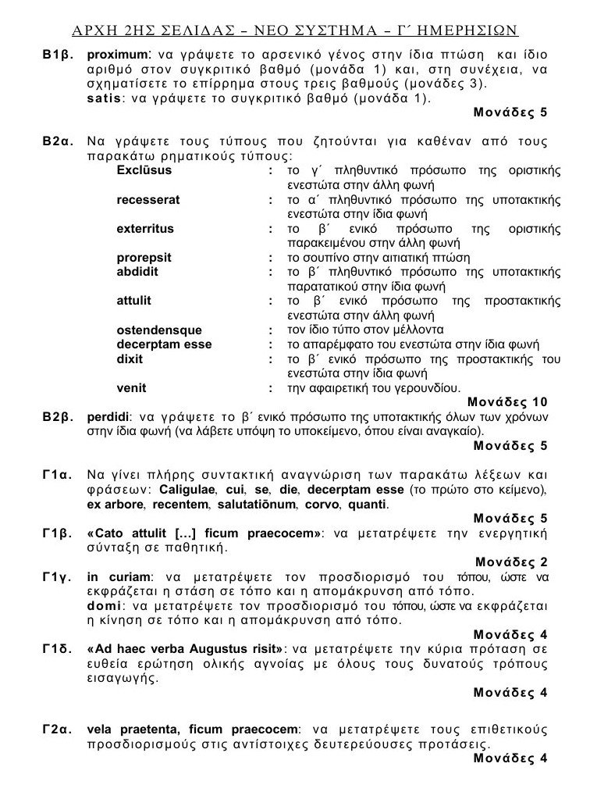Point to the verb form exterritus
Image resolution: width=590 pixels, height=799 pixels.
click(145, 229)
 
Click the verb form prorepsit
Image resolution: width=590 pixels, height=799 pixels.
click(144, 258)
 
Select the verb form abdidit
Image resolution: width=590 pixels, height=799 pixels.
click(137, 272)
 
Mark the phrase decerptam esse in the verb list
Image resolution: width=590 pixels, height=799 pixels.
click(164, 344)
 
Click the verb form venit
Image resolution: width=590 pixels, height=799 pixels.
click(130, 387)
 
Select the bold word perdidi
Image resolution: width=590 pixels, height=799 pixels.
click(108, 417)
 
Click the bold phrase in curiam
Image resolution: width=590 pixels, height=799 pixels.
click(113, 576)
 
